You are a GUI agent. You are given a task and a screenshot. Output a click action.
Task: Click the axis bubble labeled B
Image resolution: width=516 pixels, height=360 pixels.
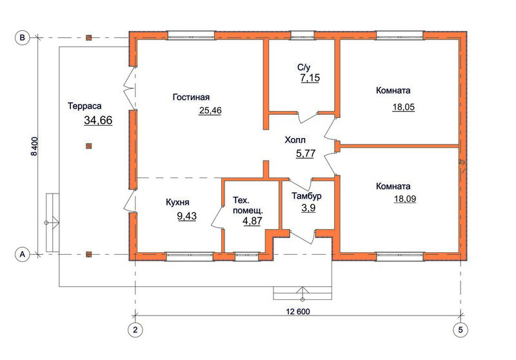point(23,37)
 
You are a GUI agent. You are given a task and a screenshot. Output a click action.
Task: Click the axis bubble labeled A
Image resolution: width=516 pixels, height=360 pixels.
point(23,254)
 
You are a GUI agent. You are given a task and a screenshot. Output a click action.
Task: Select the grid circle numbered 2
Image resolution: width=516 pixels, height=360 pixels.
point(135,330)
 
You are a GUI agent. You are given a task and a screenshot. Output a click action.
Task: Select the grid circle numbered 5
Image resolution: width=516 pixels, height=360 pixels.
point(461,330)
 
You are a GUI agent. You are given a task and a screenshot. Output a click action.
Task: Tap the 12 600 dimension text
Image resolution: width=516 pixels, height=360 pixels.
point(298,312)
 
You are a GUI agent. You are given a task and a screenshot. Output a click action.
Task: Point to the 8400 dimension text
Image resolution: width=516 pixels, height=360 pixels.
point(34,146)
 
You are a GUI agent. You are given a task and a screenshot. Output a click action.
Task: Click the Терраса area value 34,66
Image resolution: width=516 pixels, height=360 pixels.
point(98,121)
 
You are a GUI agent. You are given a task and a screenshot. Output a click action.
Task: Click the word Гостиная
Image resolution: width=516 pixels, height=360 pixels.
point(191,97)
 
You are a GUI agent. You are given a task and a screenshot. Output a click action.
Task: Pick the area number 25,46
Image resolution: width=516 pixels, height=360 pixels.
point(210,110)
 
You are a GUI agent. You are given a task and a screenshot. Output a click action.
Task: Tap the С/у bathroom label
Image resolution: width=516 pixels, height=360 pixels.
point(304,68)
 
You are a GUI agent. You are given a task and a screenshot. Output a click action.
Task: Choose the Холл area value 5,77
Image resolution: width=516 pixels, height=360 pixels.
point(306,154)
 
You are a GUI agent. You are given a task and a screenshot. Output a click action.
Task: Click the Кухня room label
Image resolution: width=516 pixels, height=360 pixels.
point(177,202)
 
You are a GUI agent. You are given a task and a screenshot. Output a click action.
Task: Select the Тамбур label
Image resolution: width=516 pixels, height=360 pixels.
point(306,196)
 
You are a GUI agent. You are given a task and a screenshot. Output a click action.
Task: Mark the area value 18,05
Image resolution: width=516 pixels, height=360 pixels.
point(404,107)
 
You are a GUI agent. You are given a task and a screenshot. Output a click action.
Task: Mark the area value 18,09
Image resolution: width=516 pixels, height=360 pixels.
point(405,199)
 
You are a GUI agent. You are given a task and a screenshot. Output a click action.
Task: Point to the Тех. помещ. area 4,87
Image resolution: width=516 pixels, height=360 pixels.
point(252,221)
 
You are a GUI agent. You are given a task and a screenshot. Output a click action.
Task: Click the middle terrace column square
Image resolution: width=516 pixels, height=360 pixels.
point(88,146)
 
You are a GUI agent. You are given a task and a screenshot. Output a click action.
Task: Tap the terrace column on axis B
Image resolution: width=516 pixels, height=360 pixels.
point(88,37)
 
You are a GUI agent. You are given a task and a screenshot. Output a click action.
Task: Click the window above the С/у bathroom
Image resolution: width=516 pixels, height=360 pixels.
point(303,35)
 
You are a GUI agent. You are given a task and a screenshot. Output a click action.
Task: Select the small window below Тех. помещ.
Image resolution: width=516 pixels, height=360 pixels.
point(246,256)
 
